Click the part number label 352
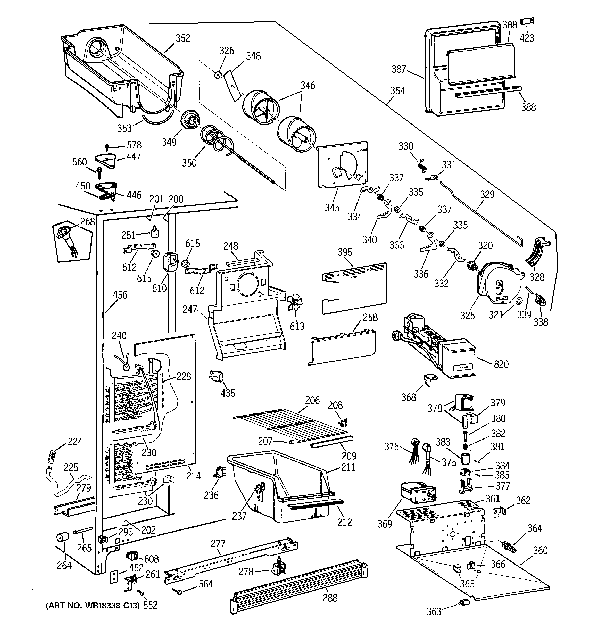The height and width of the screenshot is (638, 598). (183, 38)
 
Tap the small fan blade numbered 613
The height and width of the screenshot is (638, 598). (295, 303)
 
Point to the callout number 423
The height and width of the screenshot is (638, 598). (527, 38)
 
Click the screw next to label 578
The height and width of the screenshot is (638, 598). (107, 147)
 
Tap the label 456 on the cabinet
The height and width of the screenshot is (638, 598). (120, 295)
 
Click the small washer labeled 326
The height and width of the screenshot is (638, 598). (218, 75)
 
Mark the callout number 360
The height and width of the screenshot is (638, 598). (540, 551)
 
